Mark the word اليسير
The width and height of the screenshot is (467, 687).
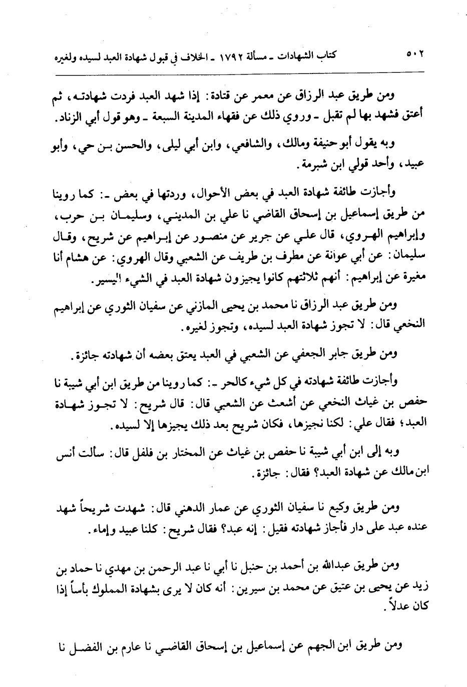pyautogui.click(x=85, y=281)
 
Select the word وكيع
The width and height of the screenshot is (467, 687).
pyautogui.click(x=350, y=509)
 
